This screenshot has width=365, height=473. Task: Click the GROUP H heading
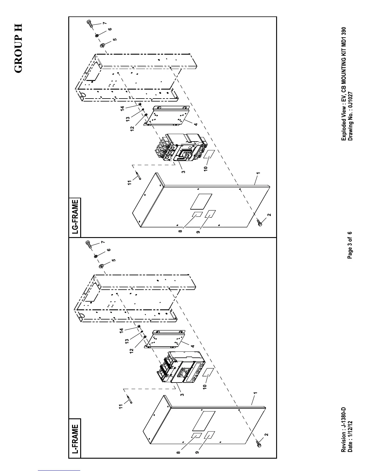coord(18,48)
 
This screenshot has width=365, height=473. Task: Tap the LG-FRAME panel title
coord(75,216)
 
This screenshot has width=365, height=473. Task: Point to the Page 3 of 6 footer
coord(350,245)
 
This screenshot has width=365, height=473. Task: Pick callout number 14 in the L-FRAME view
coord(121,331)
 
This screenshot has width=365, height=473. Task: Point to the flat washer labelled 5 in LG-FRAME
coord(102,46)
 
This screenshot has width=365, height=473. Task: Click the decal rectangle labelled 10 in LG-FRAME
coord(210,154)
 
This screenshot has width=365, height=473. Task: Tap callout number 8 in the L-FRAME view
coord(178,452)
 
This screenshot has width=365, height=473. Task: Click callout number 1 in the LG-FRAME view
coord(258,173)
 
